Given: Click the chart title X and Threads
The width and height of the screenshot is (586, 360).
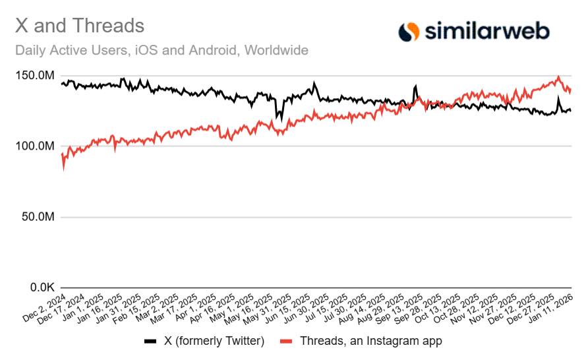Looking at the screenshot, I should tap(80, 26).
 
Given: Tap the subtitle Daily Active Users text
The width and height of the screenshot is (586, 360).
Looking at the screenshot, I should tap(161, 50).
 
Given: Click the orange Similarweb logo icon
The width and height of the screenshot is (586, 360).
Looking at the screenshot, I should tap(409, 30).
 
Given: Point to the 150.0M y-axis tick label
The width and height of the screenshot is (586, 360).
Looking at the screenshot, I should tap(34, 76).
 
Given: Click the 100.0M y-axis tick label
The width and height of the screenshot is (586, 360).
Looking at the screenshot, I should tap(34, 146).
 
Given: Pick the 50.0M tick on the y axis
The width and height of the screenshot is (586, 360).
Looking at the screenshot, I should tap(37, 217).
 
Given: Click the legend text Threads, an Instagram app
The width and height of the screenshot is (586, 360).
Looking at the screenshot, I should tap(370, 341).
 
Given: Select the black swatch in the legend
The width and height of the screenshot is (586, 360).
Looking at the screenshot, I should tap(150, 341).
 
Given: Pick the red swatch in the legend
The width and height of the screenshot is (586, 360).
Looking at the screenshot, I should tap(285, 341).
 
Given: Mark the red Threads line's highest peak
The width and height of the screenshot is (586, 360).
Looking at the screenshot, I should tap(558, 77).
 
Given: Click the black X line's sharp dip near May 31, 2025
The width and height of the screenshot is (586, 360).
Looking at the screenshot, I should tap(279, 119).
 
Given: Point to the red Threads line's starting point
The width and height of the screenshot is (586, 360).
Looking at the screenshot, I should tap(62, 154).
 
